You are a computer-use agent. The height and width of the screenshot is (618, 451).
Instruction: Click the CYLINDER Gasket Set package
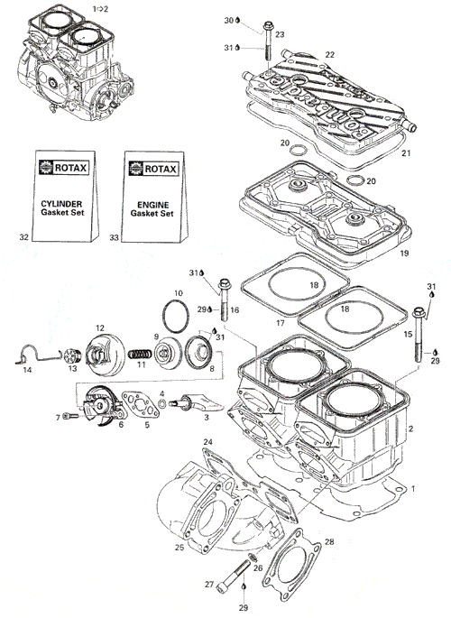(64, 196)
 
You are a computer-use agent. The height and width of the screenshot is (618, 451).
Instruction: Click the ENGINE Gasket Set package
(154, 197)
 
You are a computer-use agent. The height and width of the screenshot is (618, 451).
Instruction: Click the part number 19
(404, 253)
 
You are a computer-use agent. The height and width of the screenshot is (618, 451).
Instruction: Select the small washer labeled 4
(161, 403)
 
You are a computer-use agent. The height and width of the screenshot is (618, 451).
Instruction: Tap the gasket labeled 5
(140, 404)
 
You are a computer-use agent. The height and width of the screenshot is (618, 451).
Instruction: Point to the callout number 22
(330, 55)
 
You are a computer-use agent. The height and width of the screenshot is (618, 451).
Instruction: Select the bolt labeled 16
(225, 300)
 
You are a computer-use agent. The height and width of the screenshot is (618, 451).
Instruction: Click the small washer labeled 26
(253, 558)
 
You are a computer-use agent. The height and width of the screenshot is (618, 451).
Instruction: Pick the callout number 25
(179, 547)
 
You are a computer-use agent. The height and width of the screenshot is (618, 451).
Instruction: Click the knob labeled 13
(72, 355)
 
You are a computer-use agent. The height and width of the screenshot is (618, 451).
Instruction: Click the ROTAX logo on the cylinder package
(64, 168)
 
